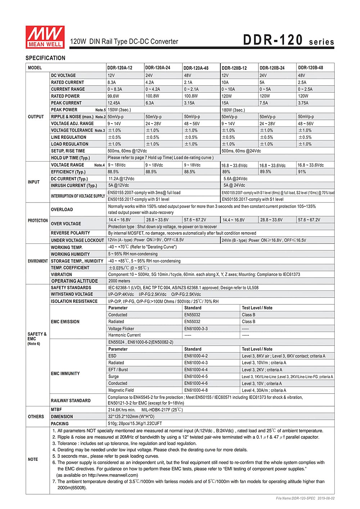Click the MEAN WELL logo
pos(45,37)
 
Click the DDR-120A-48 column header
pos(196,68)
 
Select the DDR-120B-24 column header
pos(272,68)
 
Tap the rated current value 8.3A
pos(112,82)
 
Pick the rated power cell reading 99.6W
pos(113,96)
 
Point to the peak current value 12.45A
pos(114,103)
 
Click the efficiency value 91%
pos(302,172)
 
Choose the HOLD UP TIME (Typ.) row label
pos(70,158)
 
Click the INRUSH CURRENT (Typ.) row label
pos(74,186)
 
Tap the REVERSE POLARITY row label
pos(70,233)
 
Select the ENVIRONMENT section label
pos(38,261)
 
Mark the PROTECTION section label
pos(38,221)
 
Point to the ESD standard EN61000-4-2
pos(196,356)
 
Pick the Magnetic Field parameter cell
pos(121,390)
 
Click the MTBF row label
pos(56,410)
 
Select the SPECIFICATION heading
pos(45,58)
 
